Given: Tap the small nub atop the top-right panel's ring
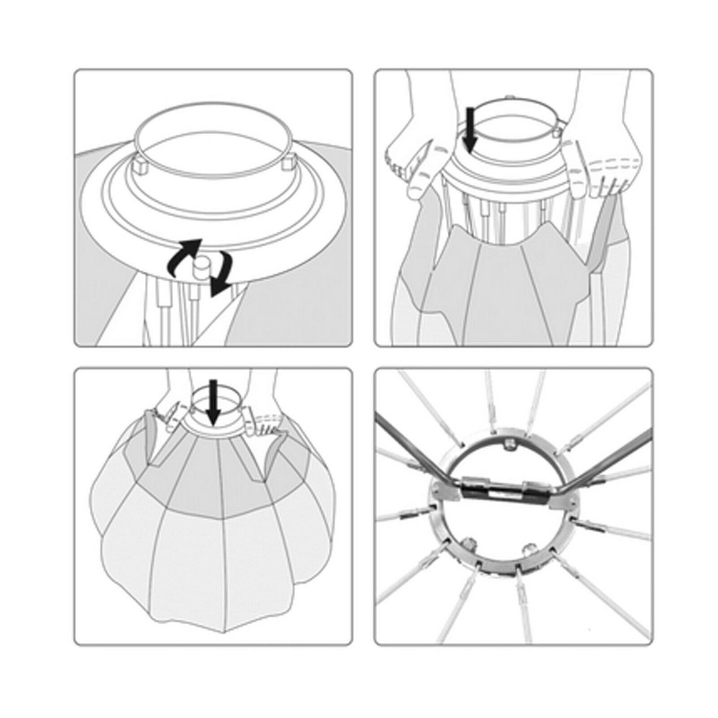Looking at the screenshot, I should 508,98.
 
